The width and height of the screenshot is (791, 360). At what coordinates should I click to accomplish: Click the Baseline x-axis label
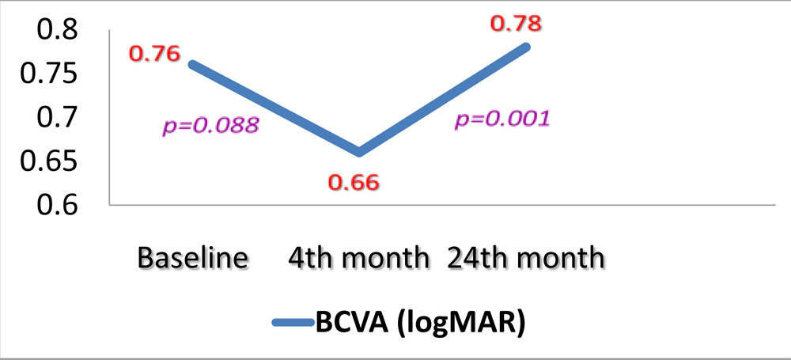193,258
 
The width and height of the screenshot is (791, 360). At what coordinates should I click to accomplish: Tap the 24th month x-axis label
525,258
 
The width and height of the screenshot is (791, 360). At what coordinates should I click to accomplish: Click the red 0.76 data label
154,55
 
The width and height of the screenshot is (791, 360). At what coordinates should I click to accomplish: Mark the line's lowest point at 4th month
359,152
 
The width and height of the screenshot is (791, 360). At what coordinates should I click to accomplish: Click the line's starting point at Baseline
191,64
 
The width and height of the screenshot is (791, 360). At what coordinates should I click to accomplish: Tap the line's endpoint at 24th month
526,47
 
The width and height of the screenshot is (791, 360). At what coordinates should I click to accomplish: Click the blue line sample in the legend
293,322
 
